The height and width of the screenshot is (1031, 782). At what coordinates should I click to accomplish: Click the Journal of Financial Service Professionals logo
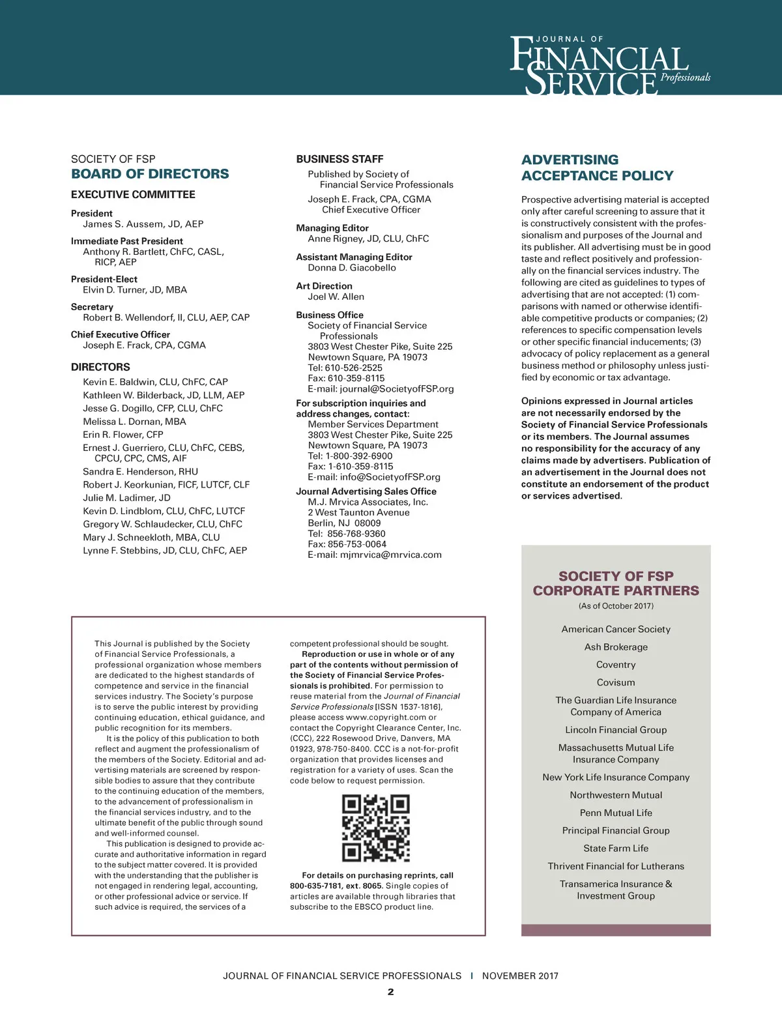click(x=609, y=66)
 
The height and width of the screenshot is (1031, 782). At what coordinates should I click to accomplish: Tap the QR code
click(x=376, y=828)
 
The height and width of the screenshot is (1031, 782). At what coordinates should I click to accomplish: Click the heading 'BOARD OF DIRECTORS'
click(x=150, y=174)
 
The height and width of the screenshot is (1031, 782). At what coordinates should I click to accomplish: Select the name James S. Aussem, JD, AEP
click(x=143, y=224)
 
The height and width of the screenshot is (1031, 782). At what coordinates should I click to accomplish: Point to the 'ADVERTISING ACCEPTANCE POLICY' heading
click(x=597, y=167)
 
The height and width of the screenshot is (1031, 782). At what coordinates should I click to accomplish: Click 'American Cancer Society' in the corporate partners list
click(x=616, y=630)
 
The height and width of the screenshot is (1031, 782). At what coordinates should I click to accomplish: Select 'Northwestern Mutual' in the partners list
click(x=616, y=795)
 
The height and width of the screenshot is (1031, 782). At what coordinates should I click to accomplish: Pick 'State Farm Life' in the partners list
click(x=616, y=849)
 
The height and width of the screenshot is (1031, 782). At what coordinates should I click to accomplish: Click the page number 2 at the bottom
click(x=390, y=993)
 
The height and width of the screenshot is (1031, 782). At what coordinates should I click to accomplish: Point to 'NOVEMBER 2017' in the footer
click(x=520, y=976)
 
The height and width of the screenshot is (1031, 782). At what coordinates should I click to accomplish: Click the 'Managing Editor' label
click(x=332, y=228)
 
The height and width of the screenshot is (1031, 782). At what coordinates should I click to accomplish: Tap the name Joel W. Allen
click(x=336, y=297)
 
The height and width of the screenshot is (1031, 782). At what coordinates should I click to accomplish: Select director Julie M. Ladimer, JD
click(x=126, y=498)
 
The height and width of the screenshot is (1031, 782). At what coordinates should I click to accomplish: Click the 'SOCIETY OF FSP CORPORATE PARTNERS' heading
click(x=616, y=583)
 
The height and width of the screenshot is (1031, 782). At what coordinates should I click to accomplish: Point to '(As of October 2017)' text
click(x=616, y=606)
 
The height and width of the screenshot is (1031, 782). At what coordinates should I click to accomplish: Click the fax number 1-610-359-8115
click(x=360, y=467)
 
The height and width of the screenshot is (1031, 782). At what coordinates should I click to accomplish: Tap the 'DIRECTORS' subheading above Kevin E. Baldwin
click(x=100, y=368)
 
